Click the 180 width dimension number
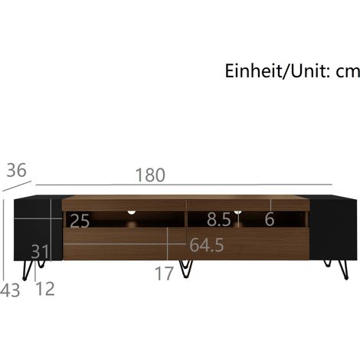click(150, 175)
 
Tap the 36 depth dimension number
click(16, 170)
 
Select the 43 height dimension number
click(10, 290)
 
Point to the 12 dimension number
click(45, 289)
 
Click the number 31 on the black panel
click(40, 251)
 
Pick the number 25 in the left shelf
click(80, 221)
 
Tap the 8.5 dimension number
click(219, 219)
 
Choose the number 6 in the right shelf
click(270, 219)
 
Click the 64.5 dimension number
click(207, 245)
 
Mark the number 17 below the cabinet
click(165, 273)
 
